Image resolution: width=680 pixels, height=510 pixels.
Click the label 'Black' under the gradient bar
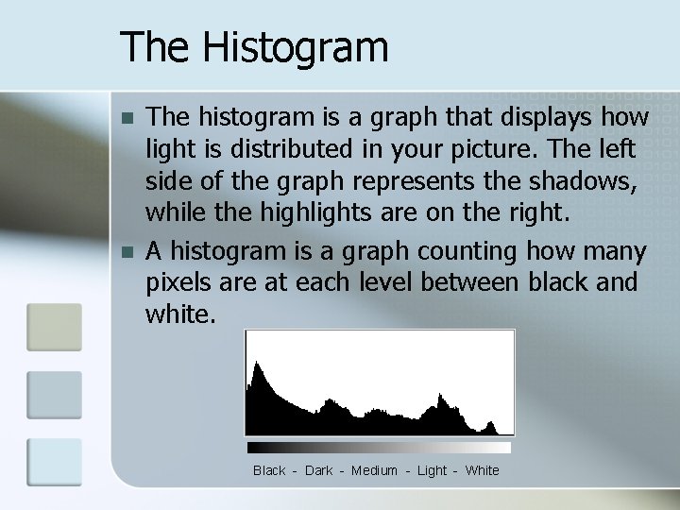pyautogui.click(x=269, y=470)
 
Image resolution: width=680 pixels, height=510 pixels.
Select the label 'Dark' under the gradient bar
pyautogui.click(x=318, y=470)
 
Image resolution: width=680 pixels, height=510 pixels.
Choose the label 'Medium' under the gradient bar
pyautogui.click(x=374, y=470)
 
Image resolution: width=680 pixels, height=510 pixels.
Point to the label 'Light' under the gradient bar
pyautogui.click(x=432, y=470)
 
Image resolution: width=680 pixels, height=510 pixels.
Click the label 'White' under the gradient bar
pyautogui.click(x=483, y=470)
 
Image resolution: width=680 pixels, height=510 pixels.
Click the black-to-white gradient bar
pyautogui.click(x=379, y=448)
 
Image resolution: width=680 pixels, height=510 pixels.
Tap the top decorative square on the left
pyautogui.click(x=54, y=327)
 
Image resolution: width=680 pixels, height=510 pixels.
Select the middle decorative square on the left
pyautogui.click(x=54, y=394)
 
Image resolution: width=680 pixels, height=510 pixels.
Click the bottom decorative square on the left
pyautogui.click(x=54, y=462)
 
